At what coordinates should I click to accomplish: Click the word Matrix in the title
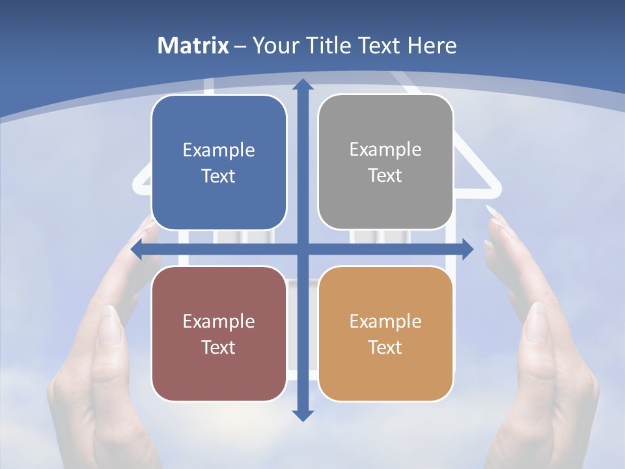coord(193,46)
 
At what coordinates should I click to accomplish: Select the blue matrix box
coord(219,163)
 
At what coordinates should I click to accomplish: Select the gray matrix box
coord(385,162)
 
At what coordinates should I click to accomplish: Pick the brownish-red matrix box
coord(219,334)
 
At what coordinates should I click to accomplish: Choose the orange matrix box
coord(385,334)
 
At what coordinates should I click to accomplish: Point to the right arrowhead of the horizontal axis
coord(467,249)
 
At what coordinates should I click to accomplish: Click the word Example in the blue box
coord(219,150)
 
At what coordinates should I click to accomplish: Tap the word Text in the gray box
coord(385,175)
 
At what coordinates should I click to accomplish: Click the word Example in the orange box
coord(385,321)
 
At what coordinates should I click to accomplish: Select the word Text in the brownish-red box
coord(219,347)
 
